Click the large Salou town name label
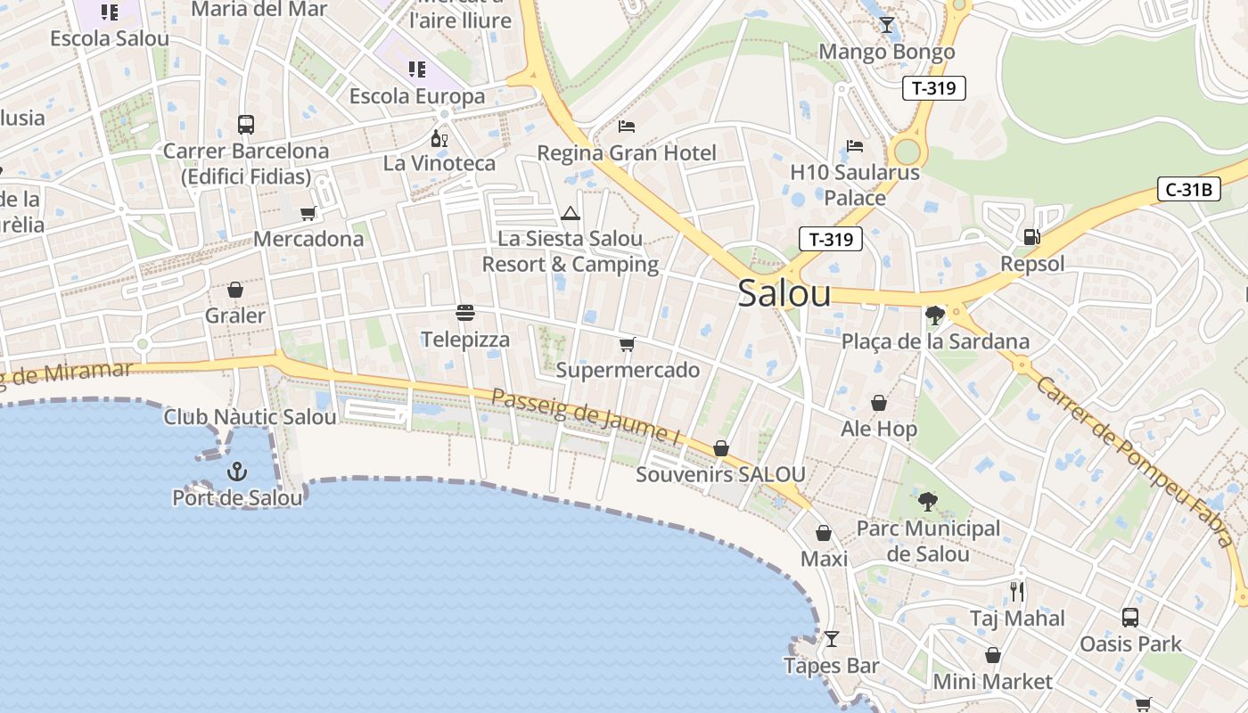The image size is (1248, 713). (x=784, y=293)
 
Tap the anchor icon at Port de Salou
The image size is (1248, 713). (x=237, y=471)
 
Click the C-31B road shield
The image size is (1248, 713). (x=1188, y=189)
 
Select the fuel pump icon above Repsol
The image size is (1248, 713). (x=1032, y=237)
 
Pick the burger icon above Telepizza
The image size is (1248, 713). (x=464, y=313)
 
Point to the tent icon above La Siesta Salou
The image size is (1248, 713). (x=571, y=213)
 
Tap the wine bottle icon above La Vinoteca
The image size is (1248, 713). (x=439, y=138)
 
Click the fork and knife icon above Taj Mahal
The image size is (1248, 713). (x=1017, y=591)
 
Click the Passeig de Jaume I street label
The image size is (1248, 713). (x=586, y=416)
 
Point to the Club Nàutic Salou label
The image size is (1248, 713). (x=250, y=416)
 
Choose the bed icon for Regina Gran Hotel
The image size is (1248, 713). (x=627, y=127)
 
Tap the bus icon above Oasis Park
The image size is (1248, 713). (x=1130, y=617)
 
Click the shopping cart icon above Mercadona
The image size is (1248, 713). (x=308, y=213)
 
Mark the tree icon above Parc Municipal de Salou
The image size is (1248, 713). (x=928, y=502)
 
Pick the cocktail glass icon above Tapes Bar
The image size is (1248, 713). (x=832, y=639)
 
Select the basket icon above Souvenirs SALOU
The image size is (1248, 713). (x=721, y=448)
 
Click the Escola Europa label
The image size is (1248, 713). (x=417, y=96)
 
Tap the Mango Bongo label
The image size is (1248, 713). (x=886, y=52)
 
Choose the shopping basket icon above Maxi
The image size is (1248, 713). (x=824, y=533)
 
